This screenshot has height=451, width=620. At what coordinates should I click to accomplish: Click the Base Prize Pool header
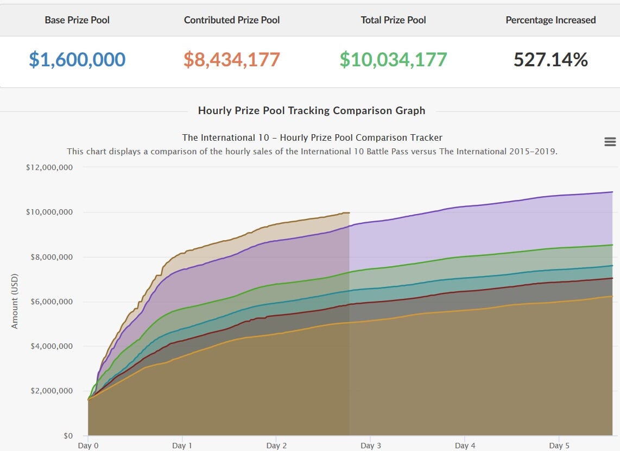(77, 20)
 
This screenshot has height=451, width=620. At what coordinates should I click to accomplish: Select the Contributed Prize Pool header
(232, 20)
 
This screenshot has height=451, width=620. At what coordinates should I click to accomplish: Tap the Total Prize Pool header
(393, 20)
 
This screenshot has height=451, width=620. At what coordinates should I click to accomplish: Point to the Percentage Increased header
(551, 20)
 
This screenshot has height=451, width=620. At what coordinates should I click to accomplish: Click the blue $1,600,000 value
(77, 60)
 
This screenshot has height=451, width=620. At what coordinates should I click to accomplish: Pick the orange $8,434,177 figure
(232, 60)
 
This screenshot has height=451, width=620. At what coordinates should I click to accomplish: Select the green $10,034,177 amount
(393, 60)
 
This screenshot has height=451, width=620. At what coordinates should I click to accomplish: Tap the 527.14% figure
(551, 60)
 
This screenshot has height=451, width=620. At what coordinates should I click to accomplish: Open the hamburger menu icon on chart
(610, 142)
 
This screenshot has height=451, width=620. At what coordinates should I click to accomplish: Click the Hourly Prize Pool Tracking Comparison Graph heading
(312, 111)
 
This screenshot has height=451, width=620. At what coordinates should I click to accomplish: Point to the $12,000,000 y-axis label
(49, 167)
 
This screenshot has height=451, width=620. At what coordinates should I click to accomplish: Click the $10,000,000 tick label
(49, 212)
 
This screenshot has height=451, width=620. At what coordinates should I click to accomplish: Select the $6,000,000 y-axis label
(49, 302)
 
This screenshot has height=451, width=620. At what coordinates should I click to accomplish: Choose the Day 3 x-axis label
(371, 446)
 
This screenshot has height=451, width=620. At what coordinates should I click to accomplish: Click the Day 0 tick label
(88, 446)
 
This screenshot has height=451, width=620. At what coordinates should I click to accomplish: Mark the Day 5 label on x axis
(559, 446)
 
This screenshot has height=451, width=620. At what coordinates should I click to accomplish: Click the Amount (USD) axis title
(15, 302)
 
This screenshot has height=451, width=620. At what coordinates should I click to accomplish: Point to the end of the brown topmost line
(349, 212)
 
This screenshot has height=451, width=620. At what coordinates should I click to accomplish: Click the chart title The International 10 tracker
(312, 137)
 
